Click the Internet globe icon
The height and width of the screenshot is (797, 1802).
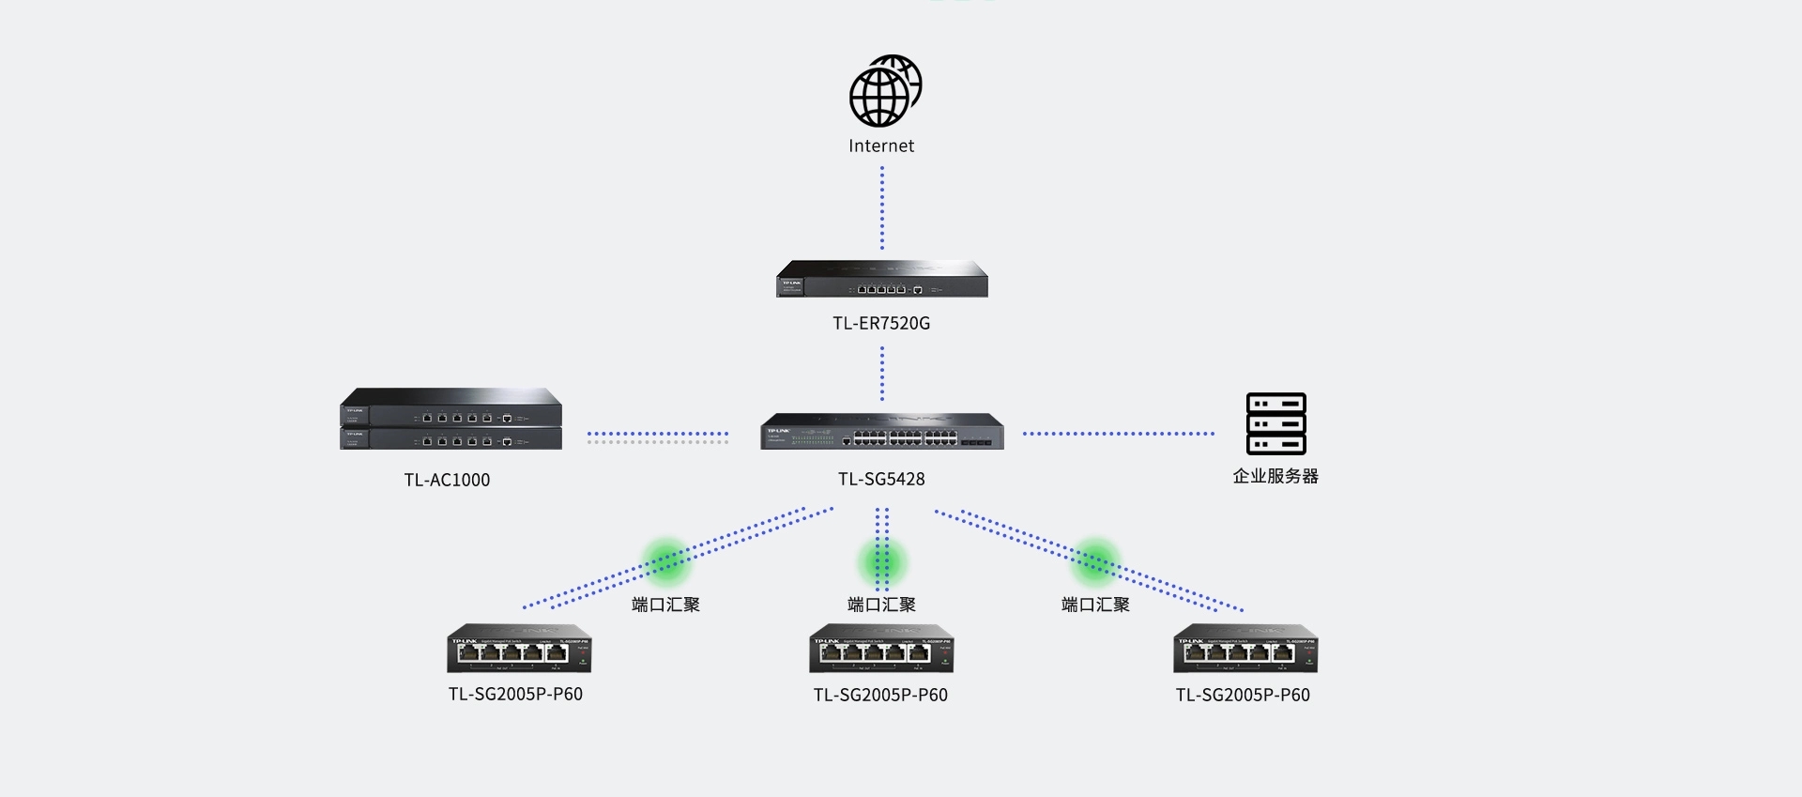(x=884, y=91)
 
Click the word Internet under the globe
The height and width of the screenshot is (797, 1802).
(x=881, y=146)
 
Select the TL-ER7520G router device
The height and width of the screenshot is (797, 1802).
(x=882, y=280)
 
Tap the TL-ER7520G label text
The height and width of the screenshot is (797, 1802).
(x=881, y=324)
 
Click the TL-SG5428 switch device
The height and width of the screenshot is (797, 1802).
(x=882, y=432)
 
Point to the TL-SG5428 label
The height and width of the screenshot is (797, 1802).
(x=881, y=480)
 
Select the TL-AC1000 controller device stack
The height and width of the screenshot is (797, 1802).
(x=450, y=420)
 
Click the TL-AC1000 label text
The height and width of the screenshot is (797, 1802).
(x=447, y=481)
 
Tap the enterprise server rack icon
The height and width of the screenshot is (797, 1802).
(x=1275, y=424)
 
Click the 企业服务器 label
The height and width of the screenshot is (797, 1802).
(x=1275, y=477)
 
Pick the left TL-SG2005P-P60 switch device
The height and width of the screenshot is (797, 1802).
(x=519, y=649)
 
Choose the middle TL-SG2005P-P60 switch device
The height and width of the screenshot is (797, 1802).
(x=881, y=649)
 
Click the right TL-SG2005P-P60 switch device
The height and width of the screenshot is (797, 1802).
(x=1245, y=649)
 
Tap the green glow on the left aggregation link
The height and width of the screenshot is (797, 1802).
(x=665, y=561)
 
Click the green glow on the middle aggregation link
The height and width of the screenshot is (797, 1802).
(x=881, y=562)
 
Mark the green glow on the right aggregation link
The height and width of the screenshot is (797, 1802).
(x=1095, y=561)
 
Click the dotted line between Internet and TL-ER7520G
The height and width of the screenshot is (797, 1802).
(x=882, y=208)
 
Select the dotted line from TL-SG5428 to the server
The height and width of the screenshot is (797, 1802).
(x=1118, y=434)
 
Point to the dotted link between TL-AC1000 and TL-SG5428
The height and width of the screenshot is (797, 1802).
(x=657, y=437)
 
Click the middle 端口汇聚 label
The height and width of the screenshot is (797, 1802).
(x=881, y=605)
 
